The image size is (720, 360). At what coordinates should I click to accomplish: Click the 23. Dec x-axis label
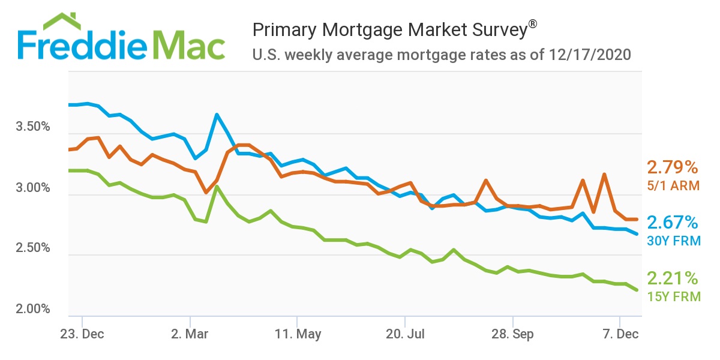coord(82,334)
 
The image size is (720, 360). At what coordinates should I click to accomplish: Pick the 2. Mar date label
coord(190,334)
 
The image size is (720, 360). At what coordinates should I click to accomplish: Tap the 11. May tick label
coord(297,334)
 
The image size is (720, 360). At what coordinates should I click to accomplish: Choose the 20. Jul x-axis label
coord(405,334)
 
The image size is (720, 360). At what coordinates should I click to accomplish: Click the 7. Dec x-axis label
coord(620,334)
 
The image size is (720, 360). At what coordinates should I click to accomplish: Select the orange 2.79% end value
coord(672,167)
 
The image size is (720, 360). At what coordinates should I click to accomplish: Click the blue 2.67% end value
coord(672,223)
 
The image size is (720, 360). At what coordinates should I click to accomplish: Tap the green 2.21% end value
coord(672,278)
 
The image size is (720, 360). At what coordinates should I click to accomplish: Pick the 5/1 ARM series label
coord(673,185)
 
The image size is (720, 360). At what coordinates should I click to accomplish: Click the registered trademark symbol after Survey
coord(532,25)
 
